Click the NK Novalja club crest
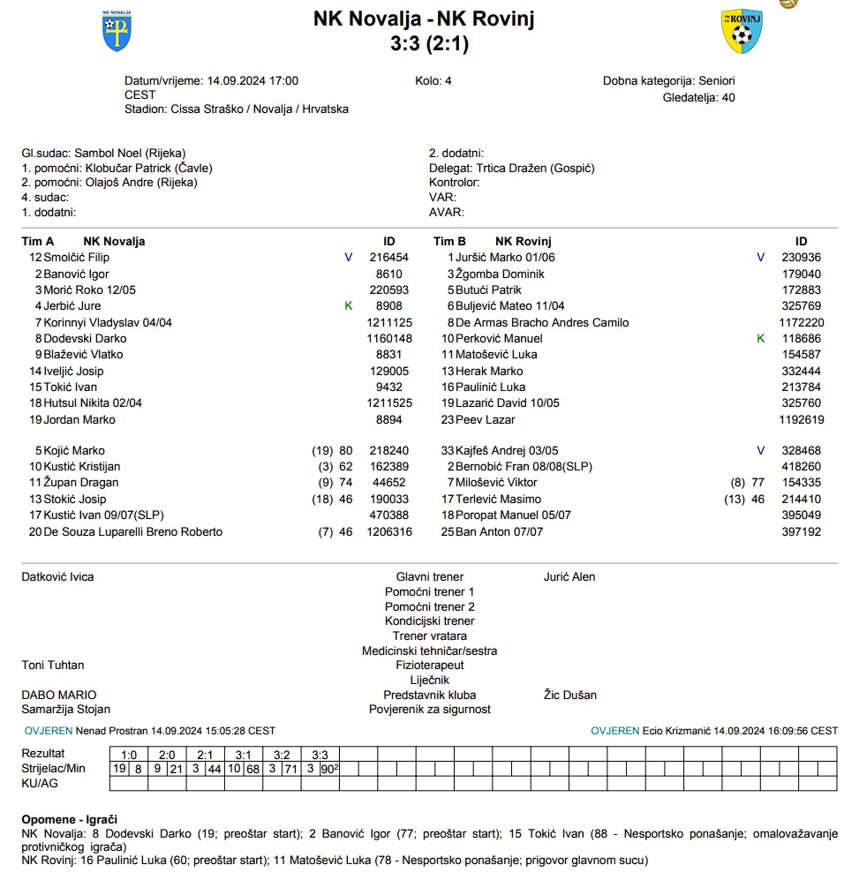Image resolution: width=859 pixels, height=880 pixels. click(116, 31)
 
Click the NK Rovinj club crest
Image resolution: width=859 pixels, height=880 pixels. click(741, 32)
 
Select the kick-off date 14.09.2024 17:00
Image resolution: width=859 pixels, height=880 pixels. click(252, 80)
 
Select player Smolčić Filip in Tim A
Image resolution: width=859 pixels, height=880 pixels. click(77, 258)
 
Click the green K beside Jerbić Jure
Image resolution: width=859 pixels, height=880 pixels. click(348, 306)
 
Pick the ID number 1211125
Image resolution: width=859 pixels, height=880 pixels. click(389, 322)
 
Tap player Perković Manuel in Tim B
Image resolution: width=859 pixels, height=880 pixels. click(499, 339)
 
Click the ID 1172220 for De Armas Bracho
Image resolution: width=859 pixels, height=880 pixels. click(802, 322)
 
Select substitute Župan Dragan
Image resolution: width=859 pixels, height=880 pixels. click(81, 483)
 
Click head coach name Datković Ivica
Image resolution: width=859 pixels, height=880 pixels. click(57, 577)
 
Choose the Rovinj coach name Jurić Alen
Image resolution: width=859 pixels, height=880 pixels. click(569, 577)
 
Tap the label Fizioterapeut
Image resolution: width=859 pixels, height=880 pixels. click(429, 666)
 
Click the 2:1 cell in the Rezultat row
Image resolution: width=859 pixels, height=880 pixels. click(206, 755)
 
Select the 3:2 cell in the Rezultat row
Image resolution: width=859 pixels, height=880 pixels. click(282, 755)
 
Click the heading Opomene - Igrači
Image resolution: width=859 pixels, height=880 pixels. click(70, 820)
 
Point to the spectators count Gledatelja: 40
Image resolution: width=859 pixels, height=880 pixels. click(698, 97)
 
